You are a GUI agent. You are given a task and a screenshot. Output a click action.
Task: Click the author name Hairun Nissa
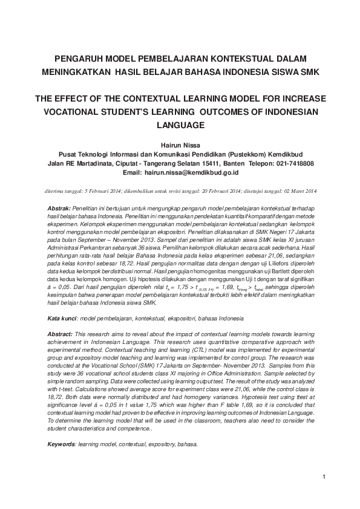point(180,146)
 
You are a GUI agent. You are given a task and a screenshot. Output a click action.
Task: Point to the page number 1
point(325,478)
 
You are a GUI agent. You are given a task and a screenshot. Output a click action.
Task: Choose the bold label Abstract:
point(60,334)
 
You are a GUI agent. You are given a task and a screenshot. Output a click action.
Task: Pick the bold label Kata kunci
point(62,318)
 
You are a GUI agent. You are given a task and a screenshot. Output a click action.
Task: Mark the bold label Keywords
point(61,444)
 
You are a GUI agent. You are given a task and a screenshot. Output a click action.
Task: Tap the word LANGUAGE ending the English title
point(180,125)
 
